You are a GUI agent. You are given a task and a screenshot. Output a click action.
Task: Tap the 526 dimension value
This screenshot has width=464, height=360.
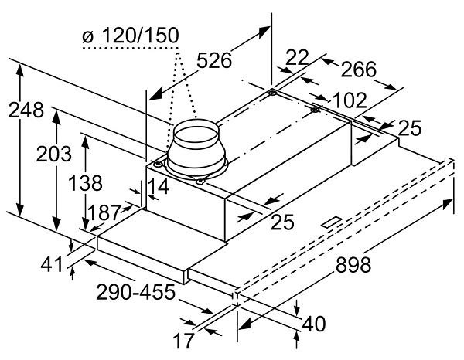pos(214,60)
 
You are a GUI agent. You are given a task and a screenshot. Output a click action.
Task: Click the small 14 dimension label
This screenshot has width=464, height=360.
pos(159,186)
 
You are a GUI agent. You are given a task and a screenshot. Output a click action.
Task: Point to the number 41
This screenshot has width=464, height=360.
pos(53,263)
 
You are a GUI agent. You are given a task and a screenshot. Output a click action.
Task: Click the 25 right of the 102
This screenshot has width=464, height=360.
pos(411,127)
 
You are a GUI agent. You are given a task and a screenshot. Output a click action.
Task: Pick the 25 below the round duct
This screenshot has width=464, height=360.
pos(284,222)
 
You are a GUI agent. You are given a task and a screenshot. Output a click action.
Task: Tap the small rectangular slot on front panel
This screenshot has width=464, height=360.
pos(333,222)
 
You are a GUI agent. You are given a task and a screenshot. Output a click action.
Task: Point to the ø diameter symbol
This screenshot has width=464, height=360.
pos(88,36)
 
